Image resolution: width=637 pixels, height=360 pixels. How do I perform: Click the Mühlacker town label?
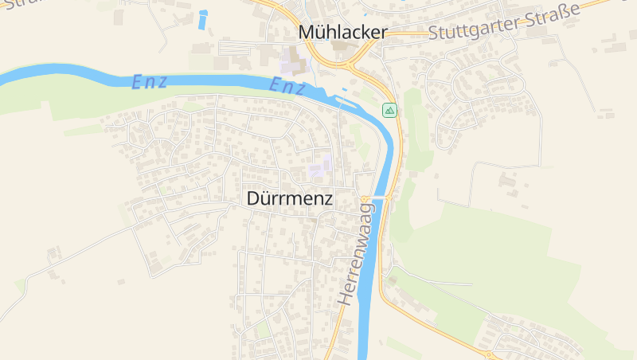pyautogui.click(x=342, y=33)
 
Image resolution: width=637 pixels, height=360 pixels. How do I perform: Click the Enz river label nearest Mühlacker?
pyautogui.click(x=287, y=86)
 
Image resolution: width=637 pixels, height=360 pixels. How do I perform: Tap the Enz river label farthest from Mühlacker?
pyautogui.click(x=149, y=82)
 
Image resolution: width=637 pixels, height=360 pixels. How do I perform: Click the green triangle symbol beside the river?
pyautogui.click(x=389, y=110)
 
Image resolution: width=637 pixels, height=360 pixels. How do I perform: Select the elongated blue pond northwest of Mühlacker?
pyautogui.click(x=203, y=20)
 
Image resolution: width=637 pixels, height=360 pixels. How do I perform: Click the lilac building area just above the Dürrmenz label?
pyautogui.click(x=320, y=167)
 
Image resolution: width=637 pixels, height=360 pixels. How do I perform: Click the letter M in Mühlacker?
pyautogui.click(x=307, y=33)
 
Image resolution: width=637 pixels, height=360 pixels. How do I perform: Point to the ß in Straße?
pyautogui.click(x=567, y=12)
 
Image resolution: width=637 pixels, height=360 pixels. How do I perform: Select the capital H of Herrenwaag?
pyautogui.click(x=344, y=299)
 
